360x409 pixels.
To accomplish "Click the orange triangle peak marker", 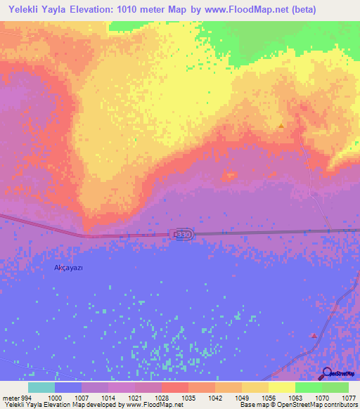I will [x=281, y=126].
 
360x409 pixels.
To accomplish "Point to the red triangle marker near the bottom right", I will [x=313, y=335].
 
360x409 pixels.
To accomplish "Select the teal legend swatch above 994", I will [x=41, y=387].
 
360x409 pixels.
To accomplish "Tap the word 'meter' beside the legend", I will [x=11, y=396].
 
